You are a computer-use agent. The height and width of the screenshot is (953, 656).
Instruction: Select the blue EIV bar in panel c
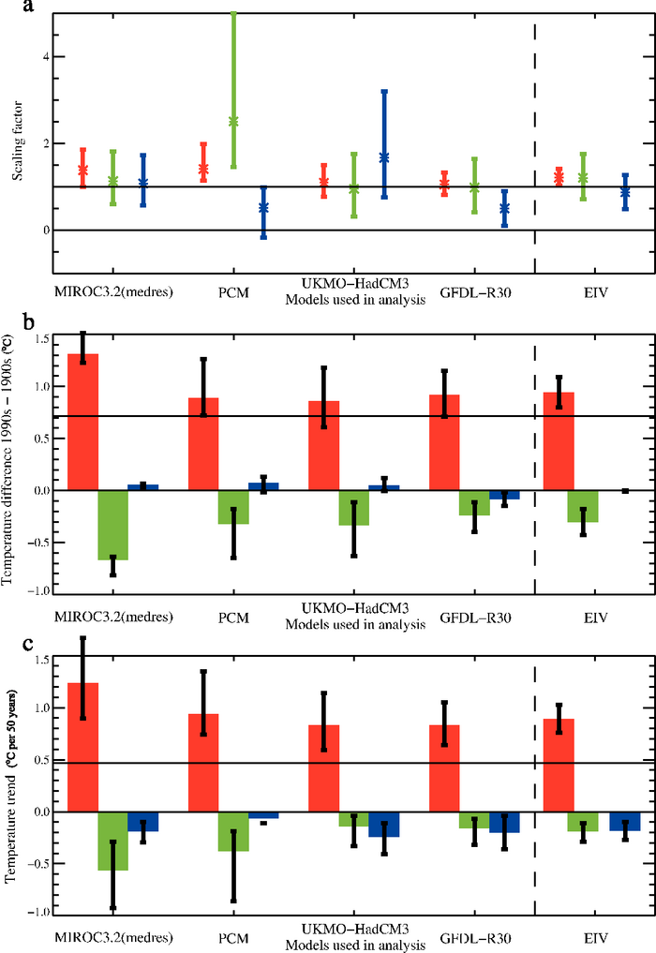click(625, 821)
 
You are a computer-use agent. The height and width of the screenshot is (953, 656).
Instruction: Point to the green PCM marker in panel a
click(233, 122)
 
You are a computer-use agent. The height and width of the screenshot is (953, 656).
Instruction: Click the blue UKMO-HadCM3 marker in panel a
click(384, 157)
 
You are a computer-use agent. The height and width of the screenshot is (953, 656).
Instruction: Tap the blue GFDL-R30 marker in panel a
click(505, 208)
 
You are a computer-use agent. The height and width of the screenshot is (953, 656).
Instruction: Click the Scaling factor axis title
click(17, 147)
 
